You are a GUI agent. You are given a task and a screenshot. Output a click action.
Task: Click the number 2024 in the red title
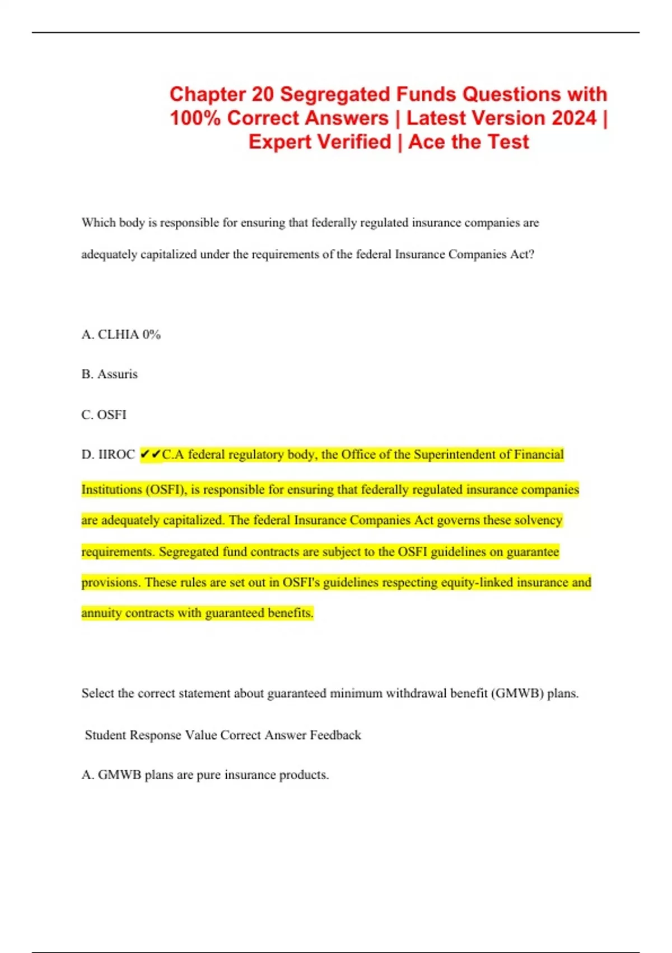573,118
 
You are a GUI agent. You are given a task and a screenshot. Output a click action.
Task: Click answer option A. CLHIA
110,335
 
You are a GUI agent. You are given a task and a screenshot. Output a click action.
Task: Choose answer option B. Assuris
110,374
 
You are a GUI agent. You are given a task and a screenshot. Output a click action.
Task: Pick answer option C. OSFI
104,415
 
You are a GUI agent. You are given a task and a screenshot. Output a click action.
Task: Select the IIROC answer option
108,455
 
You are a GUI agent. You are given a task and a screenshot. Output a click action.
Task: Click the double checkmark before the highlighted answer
150,454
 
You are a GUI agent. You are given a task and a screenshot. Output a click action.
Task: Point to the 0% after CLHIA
151,335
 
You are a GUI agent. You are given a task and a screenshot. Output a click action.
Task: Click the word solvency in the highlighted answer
538,520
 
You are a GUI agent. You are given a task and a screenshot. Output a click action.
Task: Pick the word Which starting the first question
99,223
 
